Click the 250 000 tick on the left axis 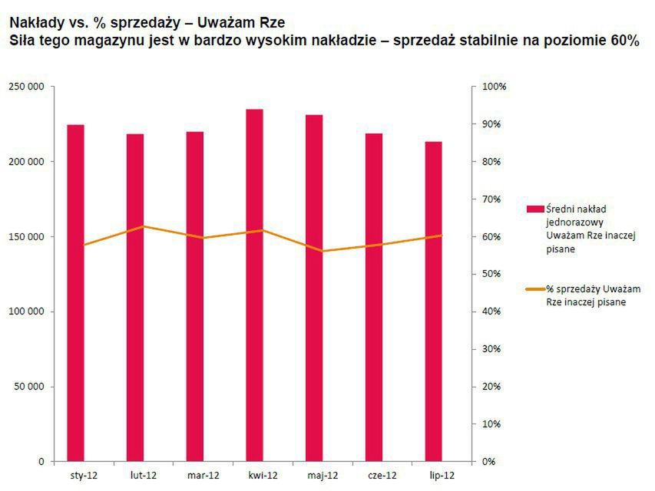[26, 87]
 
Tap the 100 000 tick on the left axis [26, 311]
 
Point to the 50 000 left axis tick [28, 387]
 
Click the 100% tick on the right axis [493, 87]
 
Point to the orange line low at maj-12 [323, 251]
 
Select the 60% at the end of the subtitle [624, 41]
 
